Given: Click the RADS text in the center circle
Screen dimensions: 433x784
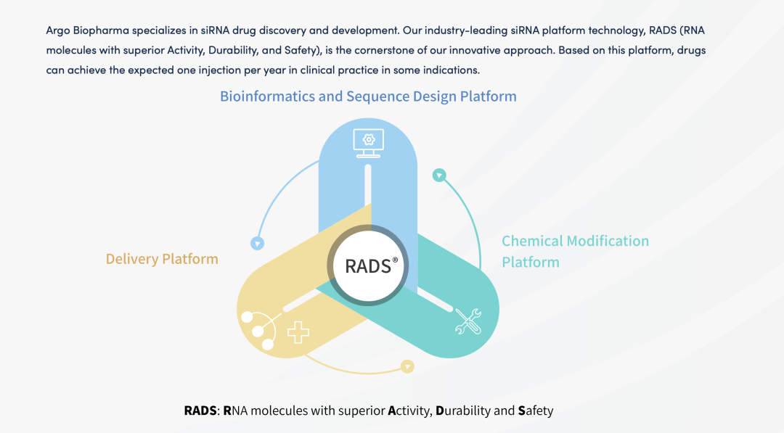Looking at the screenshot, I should tap(368, 266).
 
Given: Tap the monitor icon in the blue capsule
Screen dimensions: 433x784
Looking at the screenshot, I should tap(368, 141).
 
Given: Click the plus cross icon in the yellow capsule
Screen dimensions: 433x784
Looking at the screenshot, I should tap(298, 332).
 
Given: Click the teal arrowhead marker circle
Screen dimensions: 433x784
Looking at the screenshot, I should tap(438, 175).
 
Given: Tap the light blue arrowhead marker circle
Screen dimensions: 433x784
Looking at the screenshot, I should tap(256, 243).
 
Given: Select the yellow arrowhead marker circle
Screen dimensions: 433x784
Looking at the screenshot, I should tap(407, 367).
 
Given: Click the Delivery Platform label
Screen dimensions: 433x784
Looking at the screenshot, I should tap(162, 259).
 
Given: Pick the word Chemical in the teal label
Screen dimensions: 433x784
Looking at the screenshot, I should tap(531, 241).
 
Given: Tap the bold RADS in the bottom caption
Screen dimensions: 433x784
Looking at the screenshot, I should tap(200, 411).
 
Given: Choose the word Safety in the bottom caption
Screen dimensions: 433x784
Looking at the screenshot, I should tap(536, 411).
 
